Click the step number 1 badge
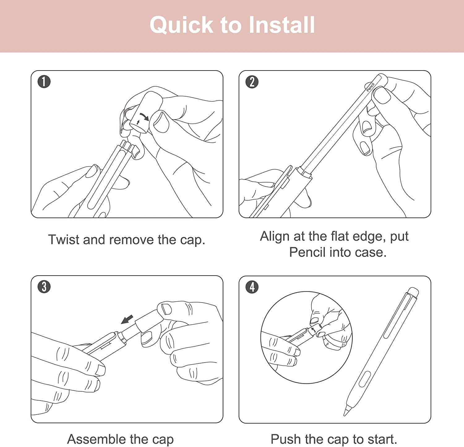pyautogui.click(x=44, y=82)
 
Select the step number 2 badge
pyautogui.click(x=252, y=82)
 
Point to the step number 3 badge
pyautogui.click(x=44, y=287)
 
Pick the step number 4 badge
pyautogui.click(x=252, y=287)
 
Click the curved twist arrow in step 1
pyautogui.click(x=144, y=117)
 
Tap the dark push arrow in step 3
pyautogui.click(x=127, y=320)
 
